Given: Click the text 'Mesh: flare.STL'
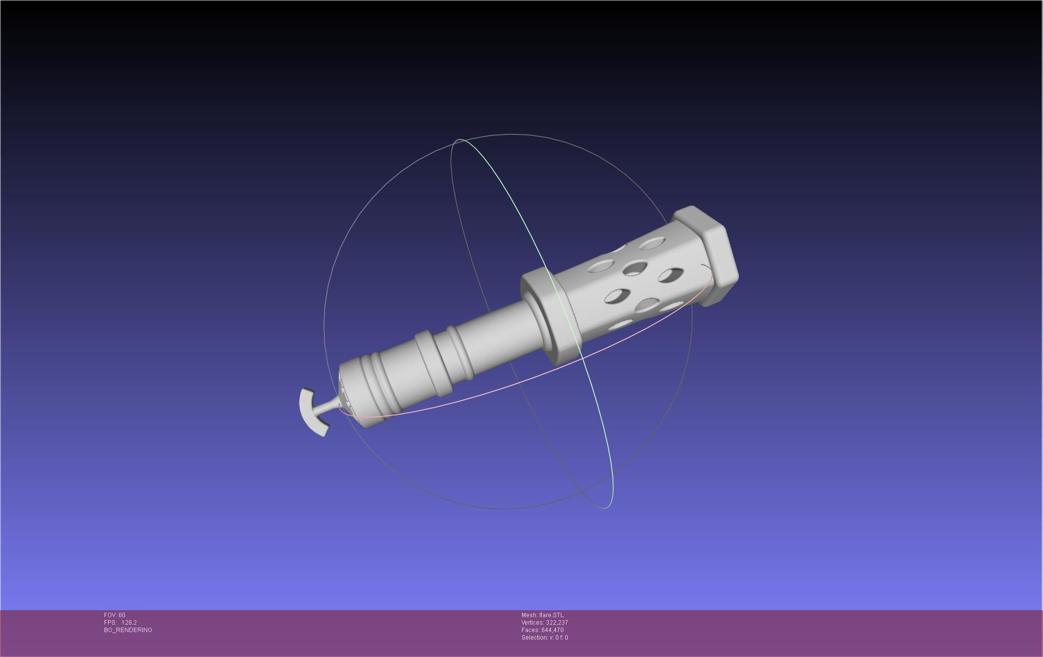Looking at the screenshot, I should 542,615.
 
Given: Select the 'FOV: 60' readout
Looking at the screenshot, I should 114,615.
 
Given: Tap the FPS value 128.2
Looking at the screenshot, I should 129,623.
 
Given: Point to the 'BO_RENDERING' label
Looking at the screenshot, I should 128,630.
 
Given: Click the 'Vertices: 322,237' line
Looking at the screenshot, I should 544,623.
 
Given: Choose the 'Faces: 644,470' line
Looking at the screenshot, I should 542,630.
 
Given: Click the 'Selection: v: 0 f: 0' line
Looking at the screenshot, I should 544,638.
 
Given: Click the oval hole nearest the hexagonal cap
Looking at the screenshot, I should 652,243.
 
